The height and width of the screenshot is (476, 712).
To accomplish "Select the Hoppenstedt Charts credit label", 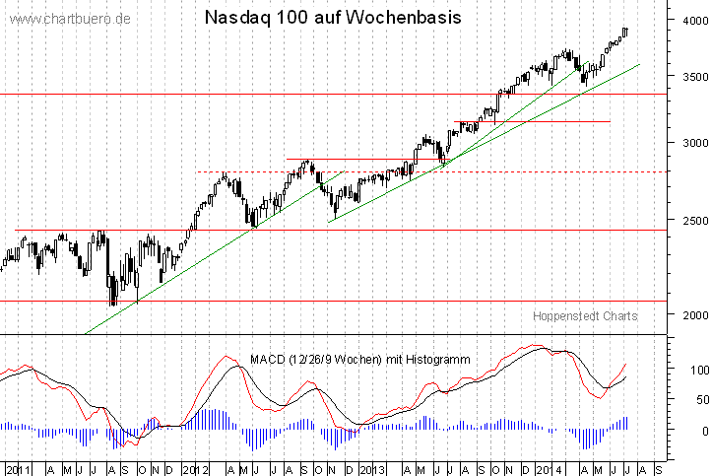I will [585, 315].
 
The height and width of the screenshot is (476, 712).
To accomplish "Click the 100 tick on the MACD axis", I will [696, 370].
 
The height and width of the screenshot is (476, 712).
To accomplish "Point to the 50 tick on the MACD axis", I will [699, 399].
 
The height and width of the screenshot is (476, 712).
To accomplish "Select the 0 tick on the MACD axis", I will [702, 431].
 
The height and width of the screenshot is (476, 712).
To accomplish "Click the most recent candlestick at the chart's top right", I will [625, 33].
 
